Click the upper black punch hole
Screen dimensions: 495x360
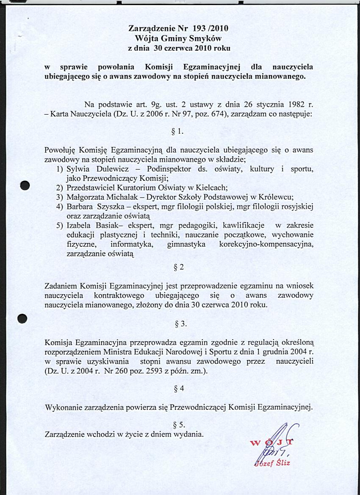tap(25, 186)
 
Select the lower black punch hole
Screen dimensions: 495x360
tap(23, 318)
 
